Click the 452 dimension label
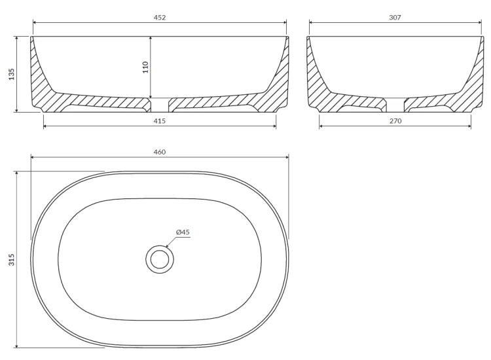[x=159, y=18]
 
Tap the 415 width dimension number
[x=159, y=121]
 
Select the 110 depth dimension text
[x=145, y=67]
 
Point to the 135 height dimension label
[x=12, y=74]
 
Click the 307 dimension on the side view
[x=395, y=18]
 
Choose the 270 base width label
[x=395, y=121]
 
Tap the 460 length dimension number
[x=159, y=152]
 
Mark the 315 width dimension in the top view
[x=12, y=260]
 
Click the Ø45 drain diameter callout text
[x=183, y=232]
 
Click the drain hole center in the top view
[x=160, y=259]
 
